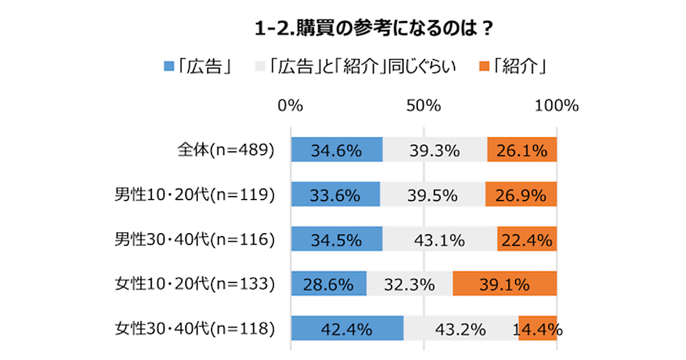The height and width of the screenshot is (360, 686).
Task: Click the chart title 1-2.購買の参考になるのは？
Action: click(374, 29)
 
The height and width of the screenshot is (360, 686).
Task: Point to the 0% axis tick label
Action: click(290, 106)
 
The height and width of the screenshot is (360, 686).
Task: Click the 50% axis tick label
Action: click(423, 106)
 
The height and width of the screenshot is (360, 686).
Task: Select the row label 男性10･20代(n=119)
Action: click(194, 195)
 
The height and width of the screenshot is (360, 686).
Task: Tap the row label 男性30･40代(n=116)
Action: click(194, 239)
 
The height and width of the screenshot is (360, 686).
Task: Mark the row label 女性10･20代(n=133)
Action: click(194, 284)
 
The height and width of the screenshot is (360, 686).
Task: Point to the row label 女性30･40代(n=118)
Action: click(194, 329)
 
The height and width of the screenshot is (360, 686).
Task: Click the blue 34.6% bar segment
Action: click(337, 150)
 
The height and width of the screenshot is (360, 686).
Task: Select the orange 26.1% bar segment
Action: click(522, 150)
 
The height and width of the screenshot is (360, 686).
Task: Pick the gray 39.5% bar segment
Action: click(433, 195)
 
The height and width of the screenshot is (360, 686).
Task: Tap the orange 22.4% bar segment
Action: click(527, 239)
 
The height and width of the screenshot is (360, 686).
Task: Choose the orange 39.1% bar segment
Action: click(504, 284)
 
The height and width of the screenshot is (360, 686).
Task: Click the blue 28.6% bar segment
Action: click(329, 284)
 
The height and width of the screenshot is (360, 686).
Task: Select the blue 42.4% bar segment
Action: click(347, 329)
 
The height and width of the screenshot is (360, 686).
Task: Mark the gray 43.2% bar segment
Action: click(461, 329)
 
